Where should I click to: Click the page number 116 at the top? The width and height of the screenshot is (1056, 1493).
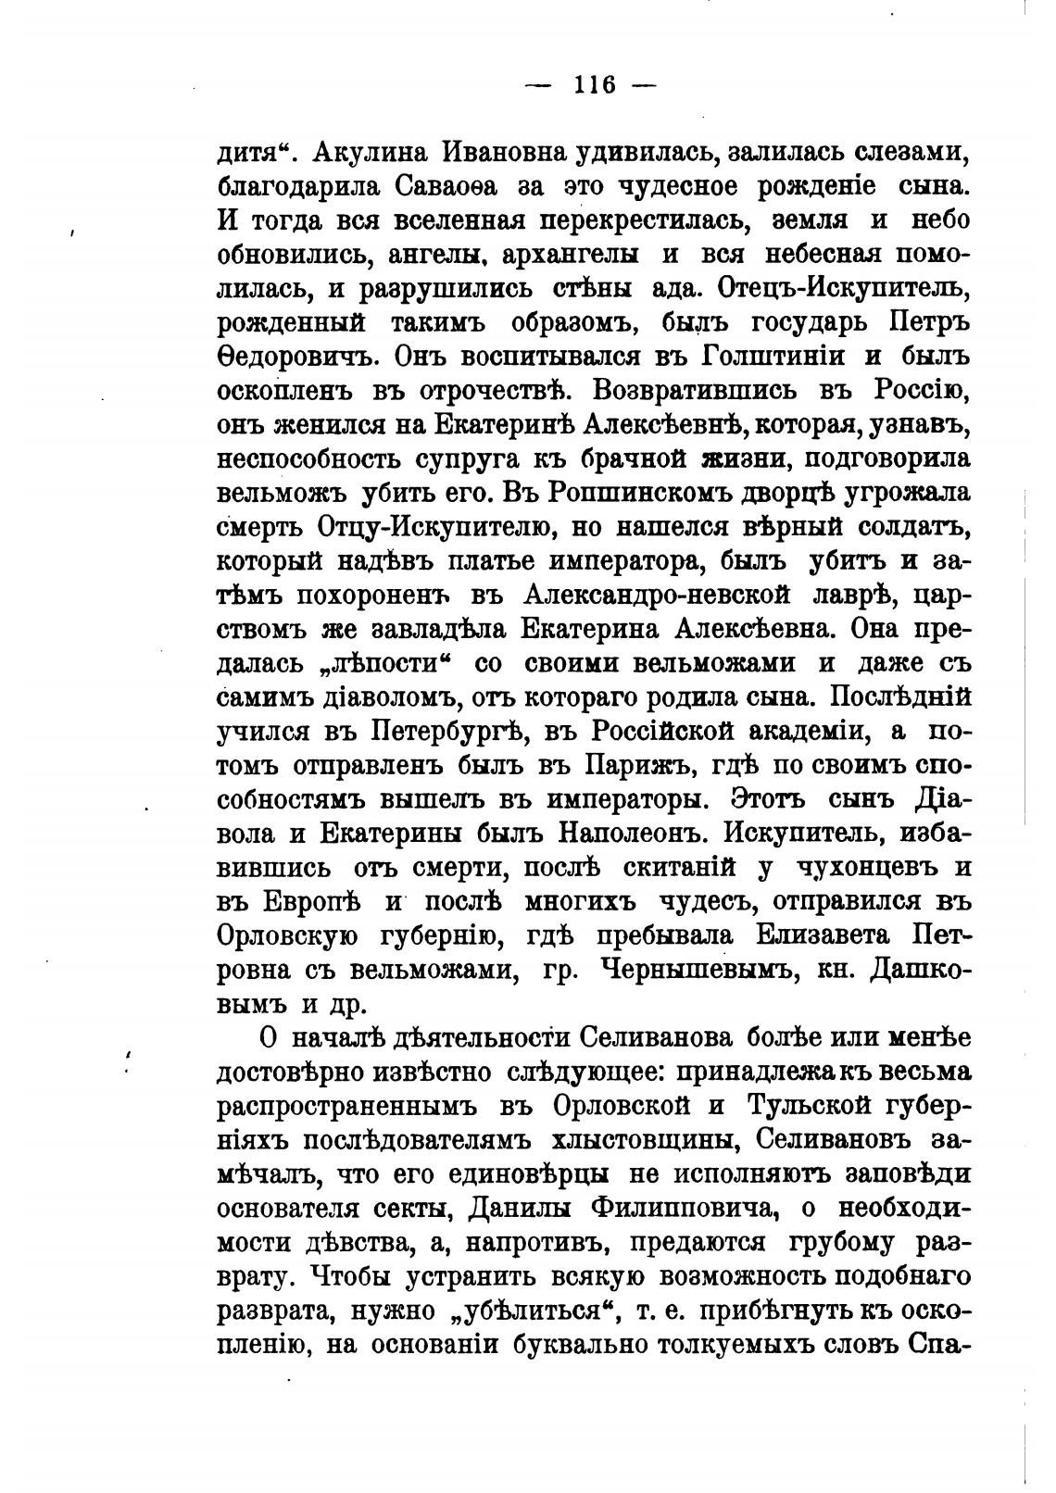tap(594, 85)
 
